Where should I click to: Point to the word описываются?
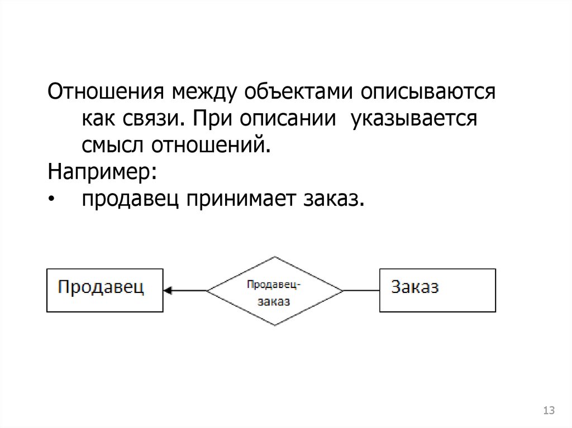pyautogui.click(x=428, y=93)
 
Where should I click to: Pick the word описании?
pyautogui.click(x=288, y=118)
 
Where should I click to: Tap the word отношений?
pyautogui.click(x=211, y=146)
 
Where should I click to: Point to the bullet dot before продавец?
pyautogui.click(x=51, y=200)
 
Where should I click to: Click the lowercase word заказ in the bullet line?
pyautogui.click(x=333, y=200)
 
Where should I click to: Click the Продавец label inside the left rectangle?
pyautogui.click(x=101, y=287)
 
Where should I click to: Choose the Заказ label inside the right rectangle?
pyautogui.click(x=415, y=287)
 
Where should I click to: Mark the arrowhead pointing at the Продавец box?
pyautogui.click(x=168, y=291)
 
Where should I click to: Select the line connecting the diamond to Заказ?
pyautogui.click(x=361, y=291)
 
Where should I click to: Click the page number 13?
pyautogui.click(x=549, y=410)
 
